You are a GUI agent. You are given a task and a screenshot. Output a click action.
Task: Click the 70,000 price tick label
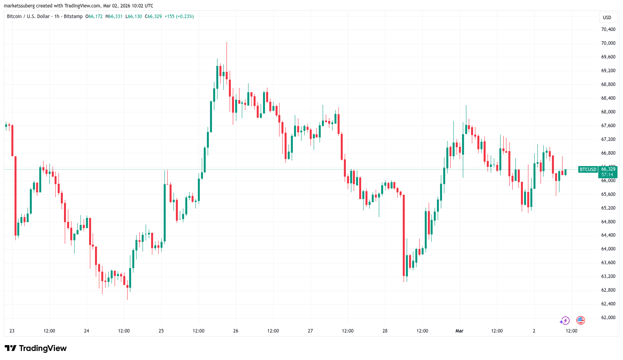tap(608, 43)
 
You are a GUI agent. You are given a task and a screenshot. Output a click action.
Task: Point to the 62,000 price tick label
tap(608, 318)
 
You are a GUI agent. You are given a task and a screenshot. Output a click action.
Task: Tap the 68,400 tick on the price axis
tap(608, 98)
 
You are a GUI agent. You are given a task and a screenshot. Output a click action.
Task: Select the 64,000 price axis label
tap(608, 249)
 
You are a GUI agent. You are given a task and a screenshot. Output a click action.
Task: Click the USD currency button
tap(607, 17)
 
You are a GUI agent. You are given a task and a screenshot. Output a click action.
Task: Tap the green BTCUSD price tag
tap(588, 170)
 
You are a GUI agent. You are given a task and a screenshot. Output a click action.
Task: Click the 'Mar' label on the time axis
tap(459, 331)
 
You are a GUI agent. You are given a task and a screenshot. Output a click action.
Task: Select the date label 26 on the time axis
tap(236, 331)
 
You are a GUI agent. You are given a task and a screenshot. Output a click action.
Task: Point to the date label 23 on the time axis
tap(12, 331)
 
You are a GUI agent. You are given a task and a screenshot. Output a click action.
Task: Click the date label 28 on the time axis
tap(385, 331)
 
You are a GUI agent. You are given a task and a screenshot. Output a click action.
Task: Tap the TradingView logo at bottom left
tap(36, 348)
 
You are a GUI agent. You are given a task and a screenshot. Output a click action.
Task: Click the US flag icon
tap(580, 320)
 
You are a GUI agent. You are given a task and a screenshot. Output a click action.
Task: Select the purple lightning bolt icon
tap(565, 321)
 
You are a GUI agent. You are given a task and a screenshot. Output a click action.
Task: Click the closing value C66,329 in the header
tap(153, 16)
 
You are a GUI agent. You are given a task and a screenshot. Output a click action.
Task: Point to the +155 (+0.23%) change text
tap(179, 16)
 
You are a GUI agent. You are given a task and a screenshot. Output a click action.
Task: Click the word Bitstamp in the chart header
tap(73, 16)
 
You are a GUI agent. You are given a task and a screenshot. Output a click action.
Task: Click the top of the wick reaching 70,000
tap(227, 43)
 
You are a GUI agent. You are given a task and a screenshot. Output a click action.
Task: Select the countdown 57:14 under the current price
tap(607, 175)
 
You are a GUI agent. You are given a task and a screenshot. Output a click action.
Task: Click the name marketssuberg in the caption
tap(19, 6)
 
